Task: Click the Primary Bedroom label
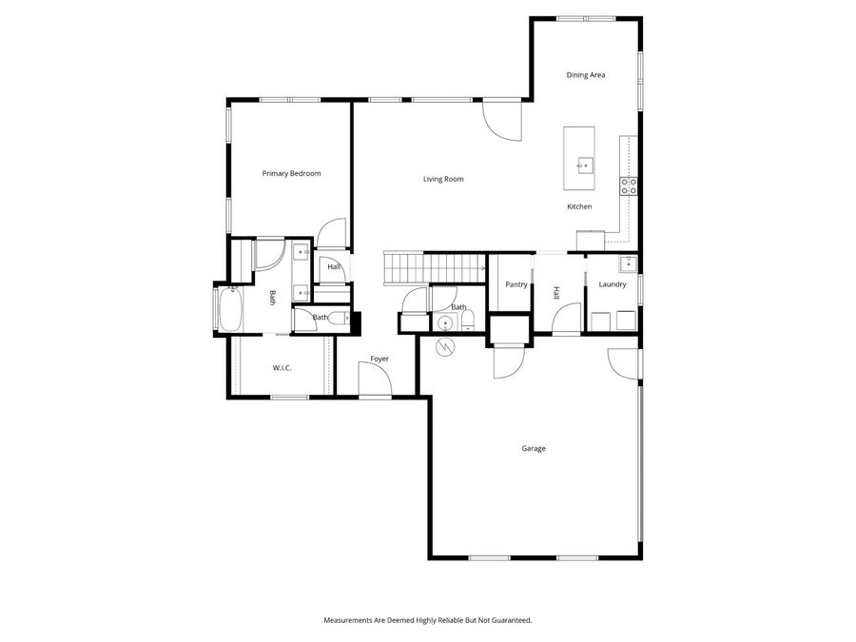(291, 174)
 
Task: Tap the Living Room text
(443, 179)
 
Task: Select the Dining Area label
(586, 75)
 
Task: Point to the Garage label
(534, 448)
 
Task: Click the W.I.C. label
(282, 367)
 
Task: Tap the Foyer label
(379, 359)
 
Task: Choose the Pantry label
(516, 284)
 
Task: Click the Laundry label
(613, 284)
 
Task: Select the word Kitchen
(579, 206)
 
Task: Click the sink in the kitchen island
(585, 165)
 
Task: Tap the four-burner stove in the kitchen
(629, 185)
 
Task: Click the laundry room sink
(627, 263)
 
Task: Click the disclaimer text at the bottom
(428, 620)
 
